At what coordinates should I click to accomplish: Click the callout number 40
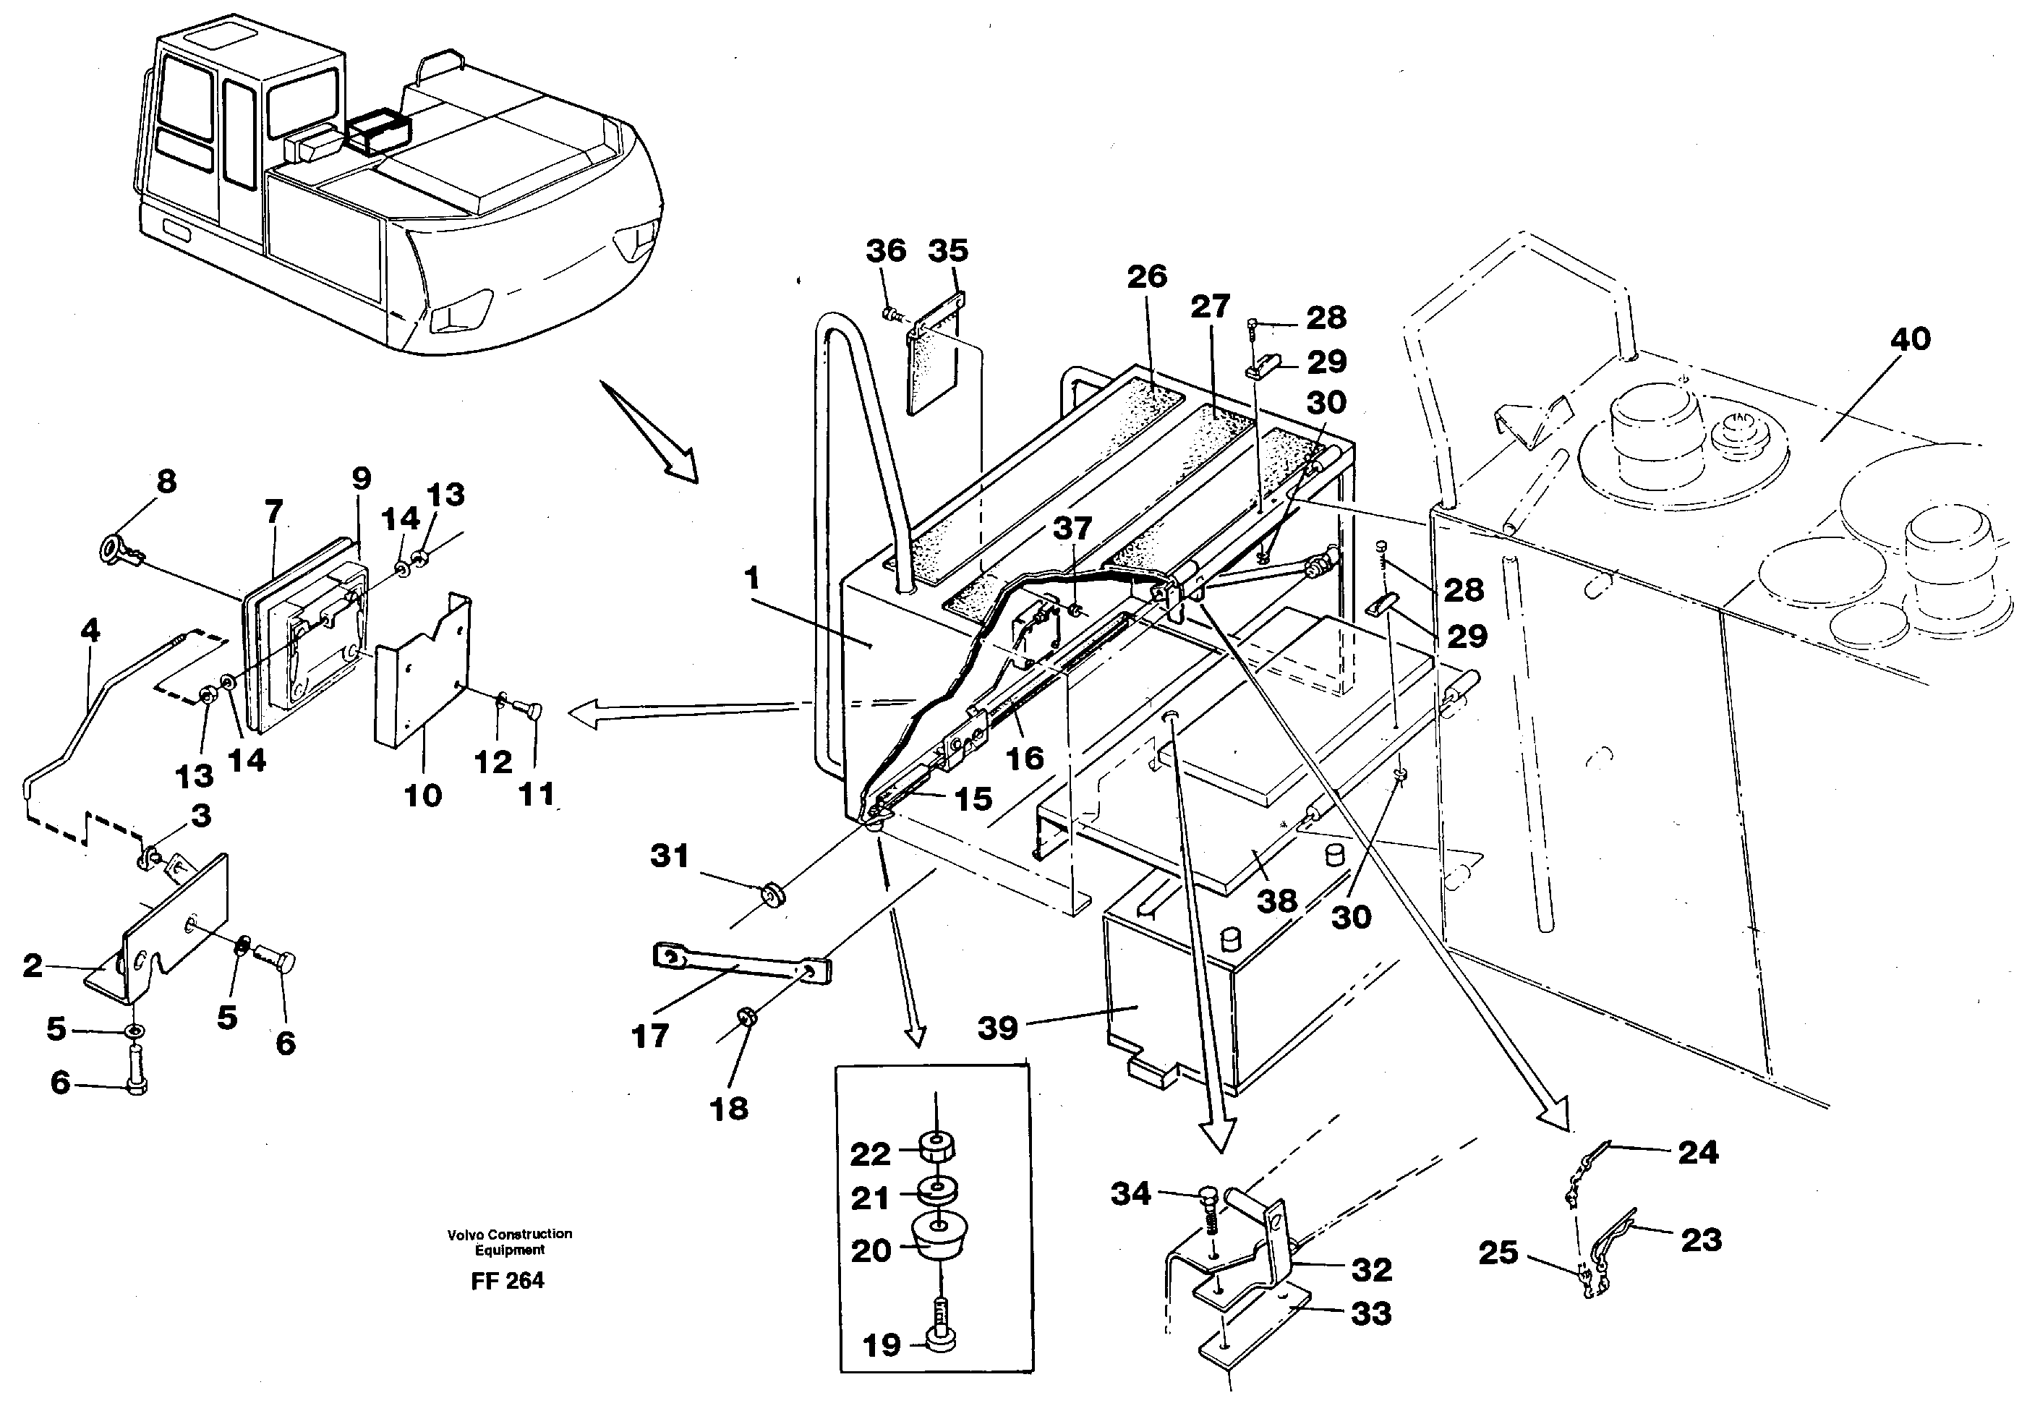(x=1910, y=339)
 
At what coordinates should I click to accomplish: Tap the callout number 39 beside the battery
(x=998, y=1028)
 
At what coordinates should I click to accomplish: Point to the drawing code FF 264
(x=507, y=1280)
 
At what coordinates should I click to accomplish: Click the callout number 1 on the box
(x=751, y=579)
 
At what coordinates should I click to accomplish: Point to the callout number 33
(x=1370, y=1314)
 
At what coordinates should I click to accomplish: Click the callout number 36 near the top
(x=884, y=251)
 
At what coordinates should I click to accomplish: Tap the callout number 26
(x=1147, y=276)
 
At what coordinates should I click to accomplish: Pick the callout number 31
(x=668, y=855)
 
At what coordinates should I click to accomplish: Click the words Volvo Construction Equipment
(x=509, y=1242)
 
